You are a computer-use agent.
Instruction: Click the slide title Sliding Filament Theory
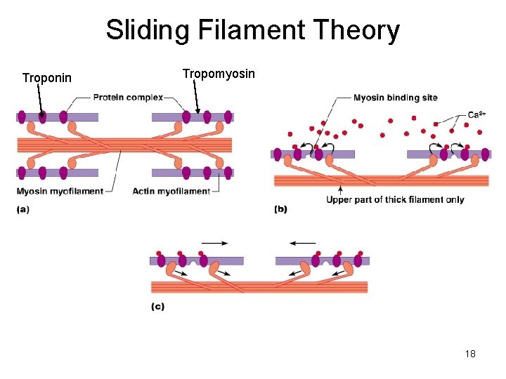click(253, 30)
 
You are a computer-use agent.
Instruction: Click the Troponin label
click(46, 78)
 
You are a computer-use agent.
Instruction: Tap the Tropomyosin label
click(219, 74)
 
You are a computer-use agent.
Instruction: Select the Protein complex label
click(128, 98)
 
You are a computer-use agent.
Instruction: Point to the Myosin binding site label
click(395, 98)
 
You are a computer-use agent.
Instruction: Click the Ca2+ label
click(476, 114)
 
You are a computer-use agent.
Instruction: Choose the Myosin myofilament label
click(60, 191)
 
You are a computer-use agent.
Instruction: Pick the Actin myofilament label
click(171, 191)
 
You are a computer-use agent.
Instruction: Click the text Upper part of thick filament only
click(395, 199)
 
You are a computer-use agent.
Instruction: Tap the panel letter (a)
click(23, 208)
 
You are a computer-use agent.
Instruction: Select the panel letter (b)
click(280, 208)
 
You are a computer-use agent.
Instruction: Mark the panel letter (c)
click(158, 307)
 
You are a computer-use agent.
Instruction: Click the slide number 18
click(470, 354)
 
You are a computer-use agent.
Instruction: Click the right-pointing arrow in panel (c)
click(214, 243)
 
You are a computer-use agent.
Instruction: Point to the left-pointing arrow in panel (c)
click(302, 243)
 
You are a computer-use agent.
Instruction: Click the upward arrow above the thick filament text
click(341, 189)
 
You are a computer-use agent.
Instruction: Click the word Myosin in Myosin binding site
click(369, 98)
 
